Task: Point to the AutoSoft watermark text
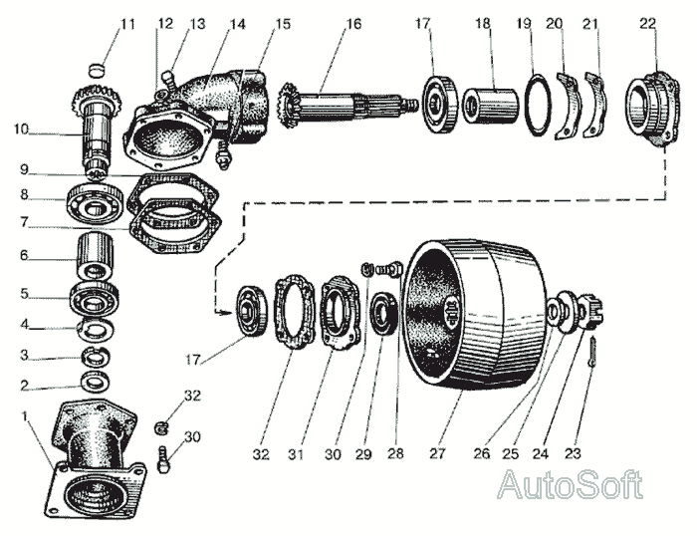pyautogui.click(x=570, y=485)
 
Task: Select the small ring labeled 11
pyautogui.click(x=96, y=70)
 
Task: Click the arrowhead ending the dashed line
pyautogui.click(x=226, y=313)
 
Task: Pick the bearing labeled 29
pyautogui.click(x=384, y=315)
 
